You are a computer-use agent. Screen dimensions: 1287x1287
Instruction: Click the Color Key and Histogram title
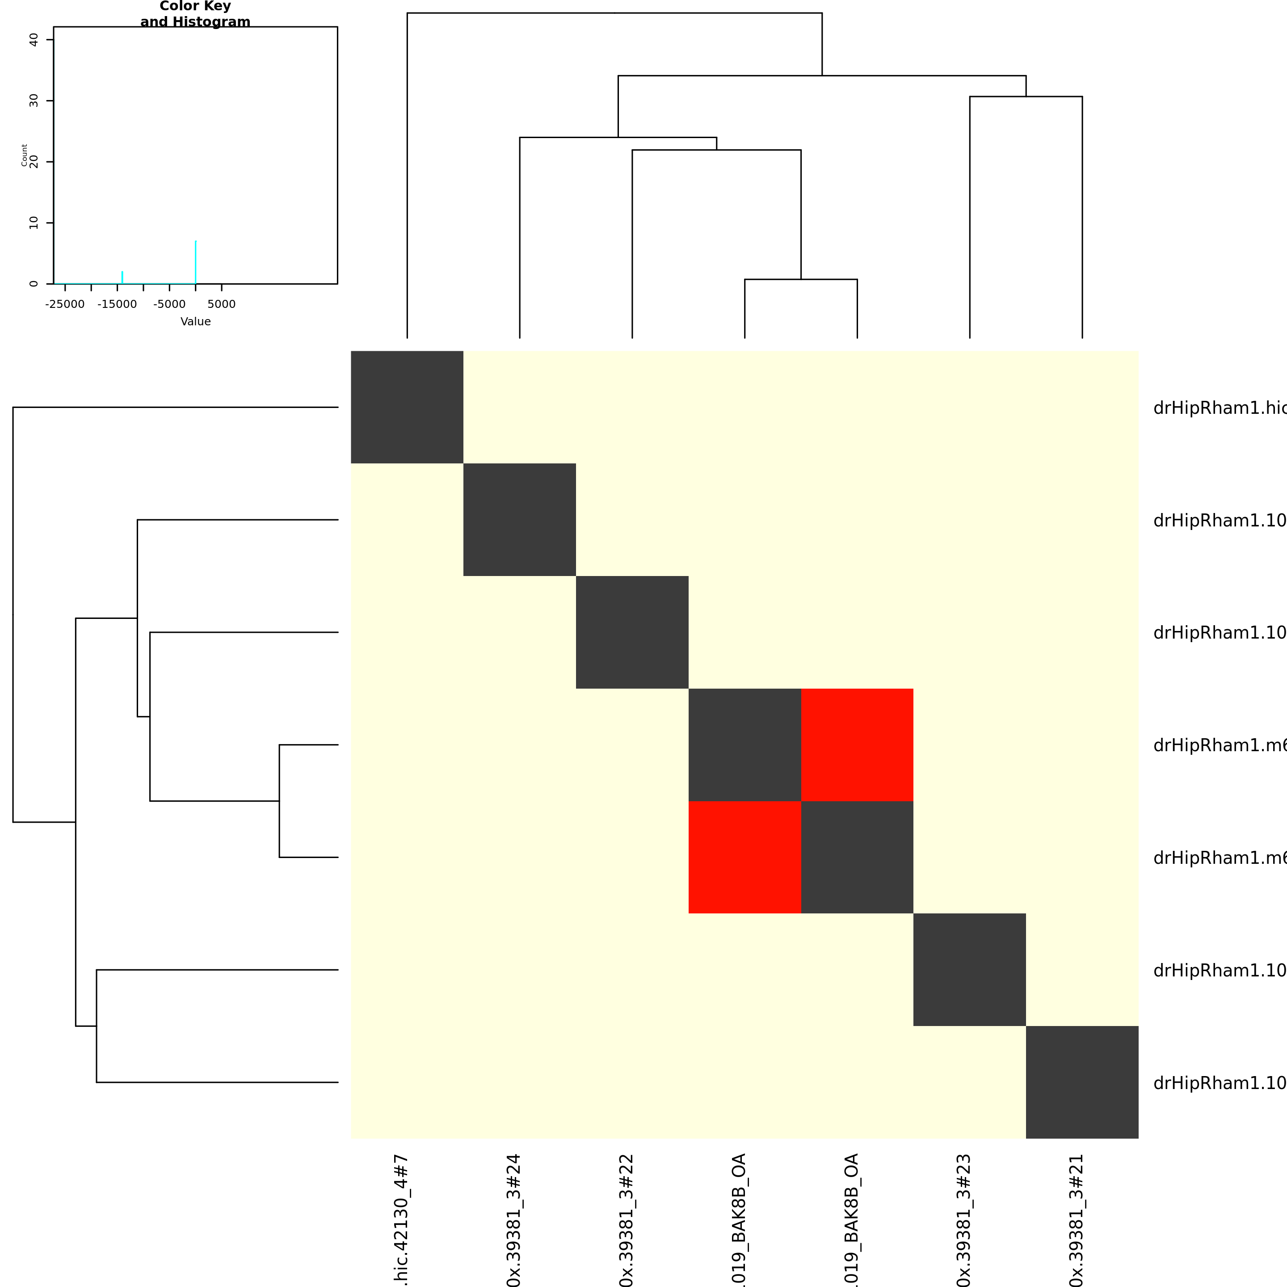pyautogui.click(x=195, y=14)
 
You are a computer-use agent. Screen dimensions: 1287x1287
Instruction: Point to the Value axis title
pyautogui.click(x=195, y=321)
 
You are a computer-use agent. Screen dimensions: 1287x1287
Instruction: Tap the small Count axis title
pyautogui.click(x=25, y=155)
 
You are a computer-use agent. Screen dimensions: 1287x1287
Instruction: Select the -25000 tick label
pyautogui.click(x=65, y=304)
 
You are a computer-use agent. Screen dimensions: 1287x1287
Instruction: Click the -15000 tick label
pyautogui.click(x=117, y=304)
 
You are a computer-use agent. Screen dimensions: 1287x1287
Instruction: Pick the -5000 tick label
pyautogui.click(x=169, y=304)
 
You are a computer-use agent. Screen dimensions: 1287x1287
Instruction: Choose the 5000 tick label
pyautogui.click(x=221, y=304)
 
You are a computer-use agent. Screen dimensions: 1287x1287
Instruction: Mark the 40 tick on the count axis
pyautogui.click(x=34, y=40)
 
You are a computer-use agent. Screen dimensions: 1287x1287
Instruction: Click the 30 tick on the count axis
pyautogui.click(x=34, y=101)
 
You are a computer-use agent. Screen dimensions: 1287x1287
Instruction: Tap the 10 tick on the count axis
pyautogui.click(x=34, y=223)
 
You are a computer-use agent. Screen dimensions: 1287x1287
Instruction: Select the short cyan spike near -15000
pyautogui.click(x=122, y=277)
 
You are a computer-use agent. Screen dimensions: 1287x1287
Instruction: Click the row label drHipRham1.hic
pyautogui.click(x=1219, y=408)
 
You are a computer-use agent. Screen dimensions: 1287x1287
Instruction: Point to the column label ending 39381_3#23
pyautogui.click(x=964, y=1219)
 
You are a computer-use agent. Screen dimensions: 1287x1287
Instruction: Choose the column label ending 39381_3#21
pyautogui.click(x=1077, y=1219)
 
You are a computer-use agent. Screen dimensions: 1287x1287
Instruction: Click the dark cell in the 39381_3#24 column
pyautogui.click(x=520, y=520)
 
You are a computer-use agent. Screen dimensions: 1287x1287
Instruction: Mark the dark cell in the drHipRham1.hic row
pyautogui.click(x=407, y=407)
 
